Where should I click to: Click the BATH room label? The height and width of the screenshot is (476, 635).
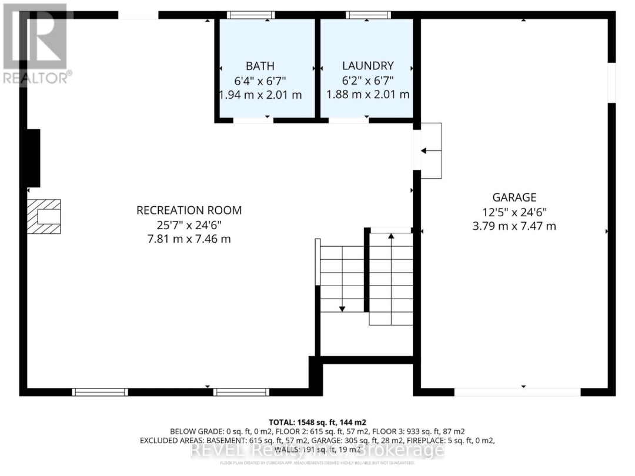260,66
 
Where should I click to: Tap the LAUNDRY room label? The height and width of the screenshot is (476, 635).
367,66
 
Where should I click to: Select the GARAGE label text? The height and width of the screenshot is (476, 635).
514,197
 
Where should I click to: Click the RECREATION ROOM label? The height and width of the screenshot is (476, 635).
189,210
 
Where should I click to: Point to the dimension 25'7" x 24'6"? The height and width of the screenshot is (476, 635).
189,224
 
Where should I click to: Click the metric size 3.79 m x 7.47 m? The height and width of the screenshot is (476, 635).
514,226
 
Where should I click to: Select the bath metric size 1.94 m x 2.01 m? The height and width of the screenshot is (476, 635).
260,95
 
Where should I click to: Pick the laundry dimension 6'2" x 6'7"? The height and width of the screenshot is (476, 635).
367,81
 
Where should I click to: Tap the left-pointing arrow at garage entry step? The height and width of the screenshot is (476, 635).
431,152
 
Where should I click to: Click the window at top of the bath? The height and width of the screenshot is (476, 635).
251,15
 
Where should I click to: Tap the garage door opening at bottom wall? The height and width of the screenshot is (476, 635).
517,392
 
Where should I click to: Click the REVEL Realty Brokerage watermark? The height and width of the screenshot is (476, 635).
317,451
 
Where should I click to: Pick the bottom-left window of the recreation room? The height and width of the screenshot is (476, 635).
100,392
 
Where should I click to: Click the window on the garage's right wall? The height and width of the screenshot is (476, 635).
611,82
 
